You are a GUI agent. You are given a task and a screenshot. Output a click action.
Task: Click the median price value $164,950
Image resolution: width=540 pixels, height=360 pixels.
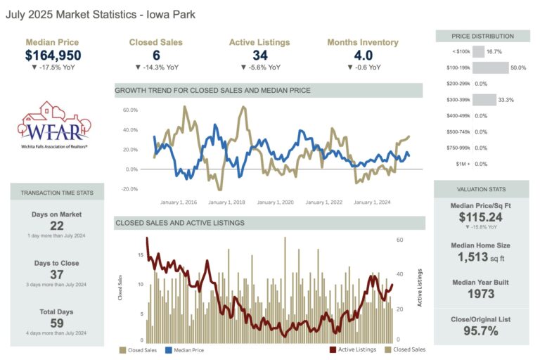coord(53,56)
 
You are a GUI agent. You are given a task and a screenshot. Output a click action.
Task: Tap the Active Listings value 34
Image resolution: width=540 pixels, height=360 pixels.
coord(259,56)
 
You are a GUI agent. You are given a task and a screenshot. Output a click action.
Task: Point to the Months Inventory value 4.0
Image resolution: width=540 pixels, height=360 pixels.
coord(363,56)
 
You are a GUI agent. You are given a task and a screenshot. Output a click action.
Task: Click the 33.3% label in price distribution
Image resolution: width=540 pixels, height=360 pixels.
coord(506,100)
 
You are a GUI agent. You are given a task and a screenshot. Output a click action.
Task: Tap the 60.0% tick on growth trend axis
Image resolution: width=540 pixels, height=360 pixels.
coord(129,110)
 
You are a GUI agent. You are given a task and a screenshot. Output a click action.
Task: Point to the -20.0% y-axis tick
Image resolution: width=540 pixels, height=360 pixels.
coord(129,189)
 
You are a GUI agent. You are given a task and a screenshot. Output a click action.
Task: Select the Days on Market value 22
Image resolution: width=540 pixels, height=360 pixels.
coord(56,226)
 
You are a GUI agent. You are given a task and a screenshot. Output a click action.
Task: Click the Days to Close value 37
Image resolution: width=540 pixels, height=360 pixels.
coord(56,275)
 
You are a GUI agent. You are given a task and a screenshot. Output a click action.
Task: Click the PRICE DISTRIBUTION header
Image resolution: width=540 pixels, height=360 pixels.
coord(482,36)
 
